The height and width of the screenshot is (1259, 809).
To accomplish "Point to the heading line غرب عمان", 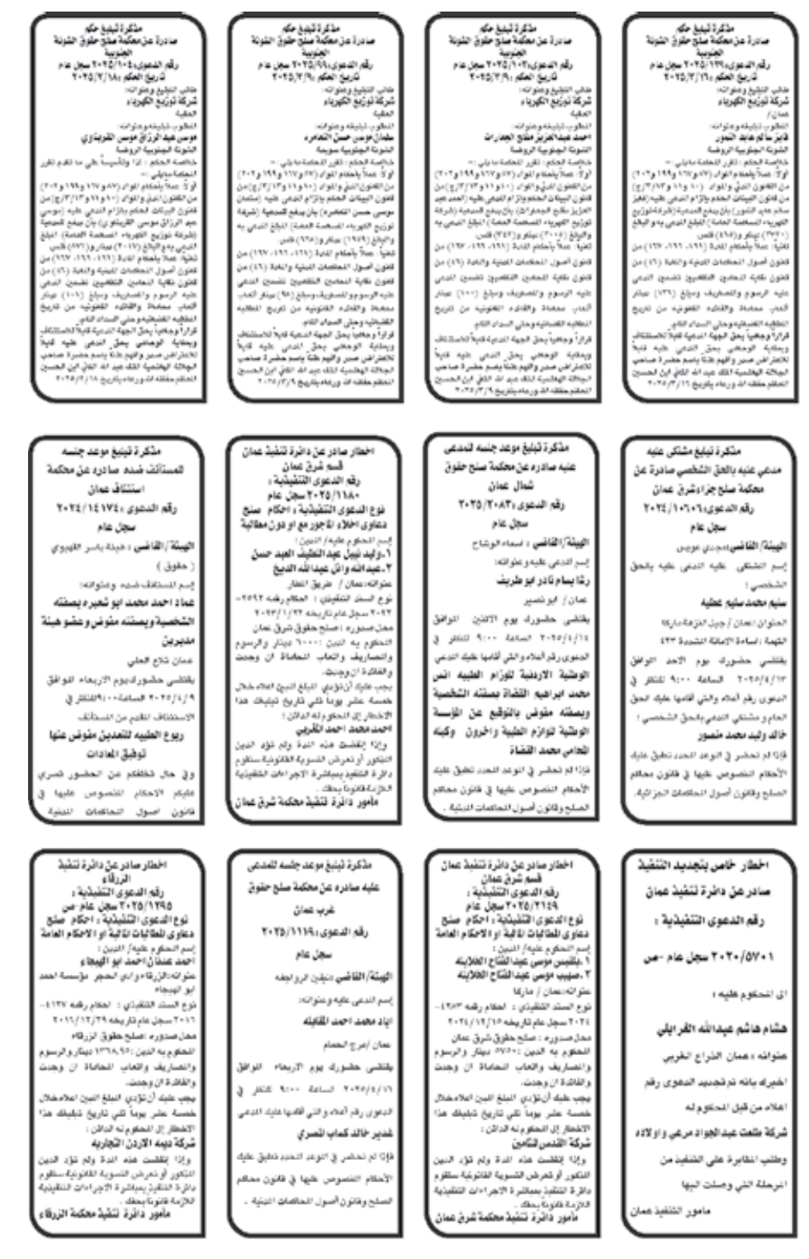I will [x=309, y=908].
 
